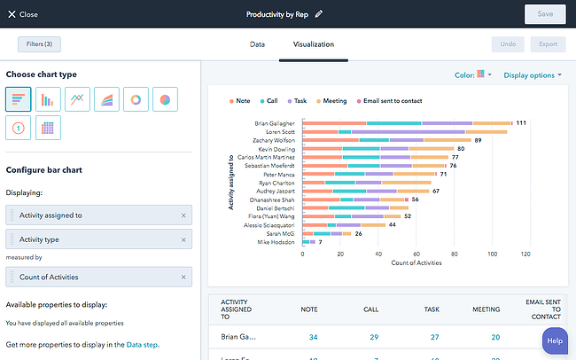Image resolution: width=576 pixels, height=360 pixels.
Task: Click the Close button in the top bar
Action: pos(23,14)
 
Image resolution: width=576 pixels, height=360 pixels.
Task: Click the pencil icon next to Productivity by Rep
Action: pos(319,14)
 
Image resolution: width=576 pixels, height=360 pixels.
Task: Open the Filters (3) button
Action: pos(39,44)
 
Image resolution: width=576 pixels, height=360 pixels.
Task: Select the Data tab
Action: pos(257,43)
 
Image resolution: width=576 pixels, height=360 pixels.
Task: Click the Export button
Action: pos(547,44)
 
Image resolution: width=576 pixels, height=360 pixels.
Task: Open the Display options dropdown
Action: pos(533,75)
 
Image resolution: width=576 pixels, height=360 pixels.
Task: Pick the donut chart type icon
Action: pos(136,99)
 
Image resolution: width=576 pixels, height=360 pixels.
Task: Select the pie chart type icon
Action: pos(165,99)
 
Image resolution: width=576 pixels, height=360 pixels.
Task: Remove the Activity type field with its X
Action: pos(183,239)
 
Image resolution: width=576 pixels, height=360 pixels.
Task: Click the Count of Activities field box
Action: pos(98,278)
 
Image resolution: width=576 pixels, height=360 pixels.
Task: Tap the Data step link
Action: pos(142,344)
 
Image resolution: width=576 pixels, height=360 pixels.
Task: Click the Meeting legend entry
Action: pos(354,101)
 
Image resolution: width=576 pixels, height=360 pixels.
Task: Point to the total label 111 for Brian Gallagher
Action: pos(522,123)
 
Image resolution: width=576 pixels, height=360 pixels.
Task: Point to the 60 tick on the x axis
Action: pos(415,254)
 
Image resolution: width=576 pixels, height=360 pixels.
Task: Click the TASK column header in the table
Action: pos(432,309)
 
